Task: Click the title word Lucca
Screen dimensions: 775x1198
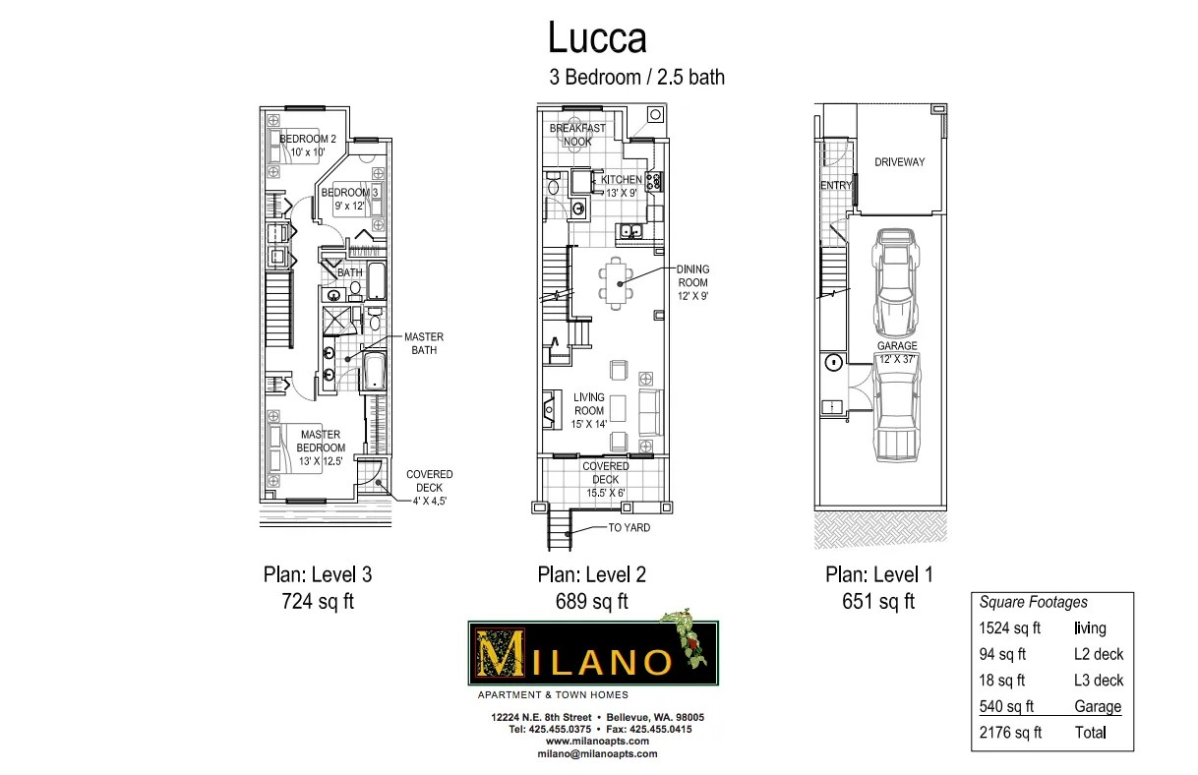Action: pyautogui.click(x=597, y=38)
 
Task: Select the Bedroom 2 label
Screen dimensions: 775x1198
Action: pyautogui.click(x=308, y=146)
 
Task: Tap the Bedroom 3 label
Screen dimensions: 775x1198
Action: pyautogui.click(x=349, y=199)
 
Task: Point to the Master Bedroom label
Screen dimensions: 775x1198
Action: pyautogui.click(x=321, y=441)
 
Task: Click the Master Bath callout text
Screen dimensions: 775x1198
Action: pyautogui.click(x=423, y=343)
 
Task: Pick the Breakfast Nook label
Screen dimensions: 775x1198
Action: pyautogui.click(x=577, y=135)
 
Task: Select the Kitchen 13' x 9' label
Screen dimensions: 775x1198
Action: pyautogui.click(x=621, y=187)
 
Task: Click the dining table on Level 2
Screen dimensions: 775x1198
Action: pyautogui.click(x=616, y=283)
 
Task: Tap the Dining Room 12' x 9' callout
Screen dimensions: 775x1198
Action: pyautogui.click(x=692, y=282)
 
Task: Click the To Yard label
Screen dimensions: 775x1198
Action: pyautogui.click(x=629, y=528)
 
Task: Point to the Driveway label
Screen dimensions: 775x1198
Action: pyautogui.click(x=899, y=162)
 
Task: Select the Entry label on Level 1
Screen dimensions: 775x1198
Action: pyautogui.click(x=835, y=185)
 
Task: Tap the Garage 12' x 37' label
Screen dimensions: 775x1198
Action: pyautogui.click(x=897, y=353)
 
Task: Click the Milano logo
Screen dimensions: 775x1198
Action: pyautogui.click(x=593, y=652)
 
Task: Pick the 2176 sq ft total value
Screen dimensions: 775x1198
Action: pyautogui.click(x=1010, y=733)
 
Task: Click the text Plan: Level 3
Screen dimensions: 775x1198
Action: pyautogui.click(x=317, y=575)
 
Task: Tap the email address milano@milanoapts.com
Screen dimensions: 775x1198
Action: pyautogui.click(x=597, y=753)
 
